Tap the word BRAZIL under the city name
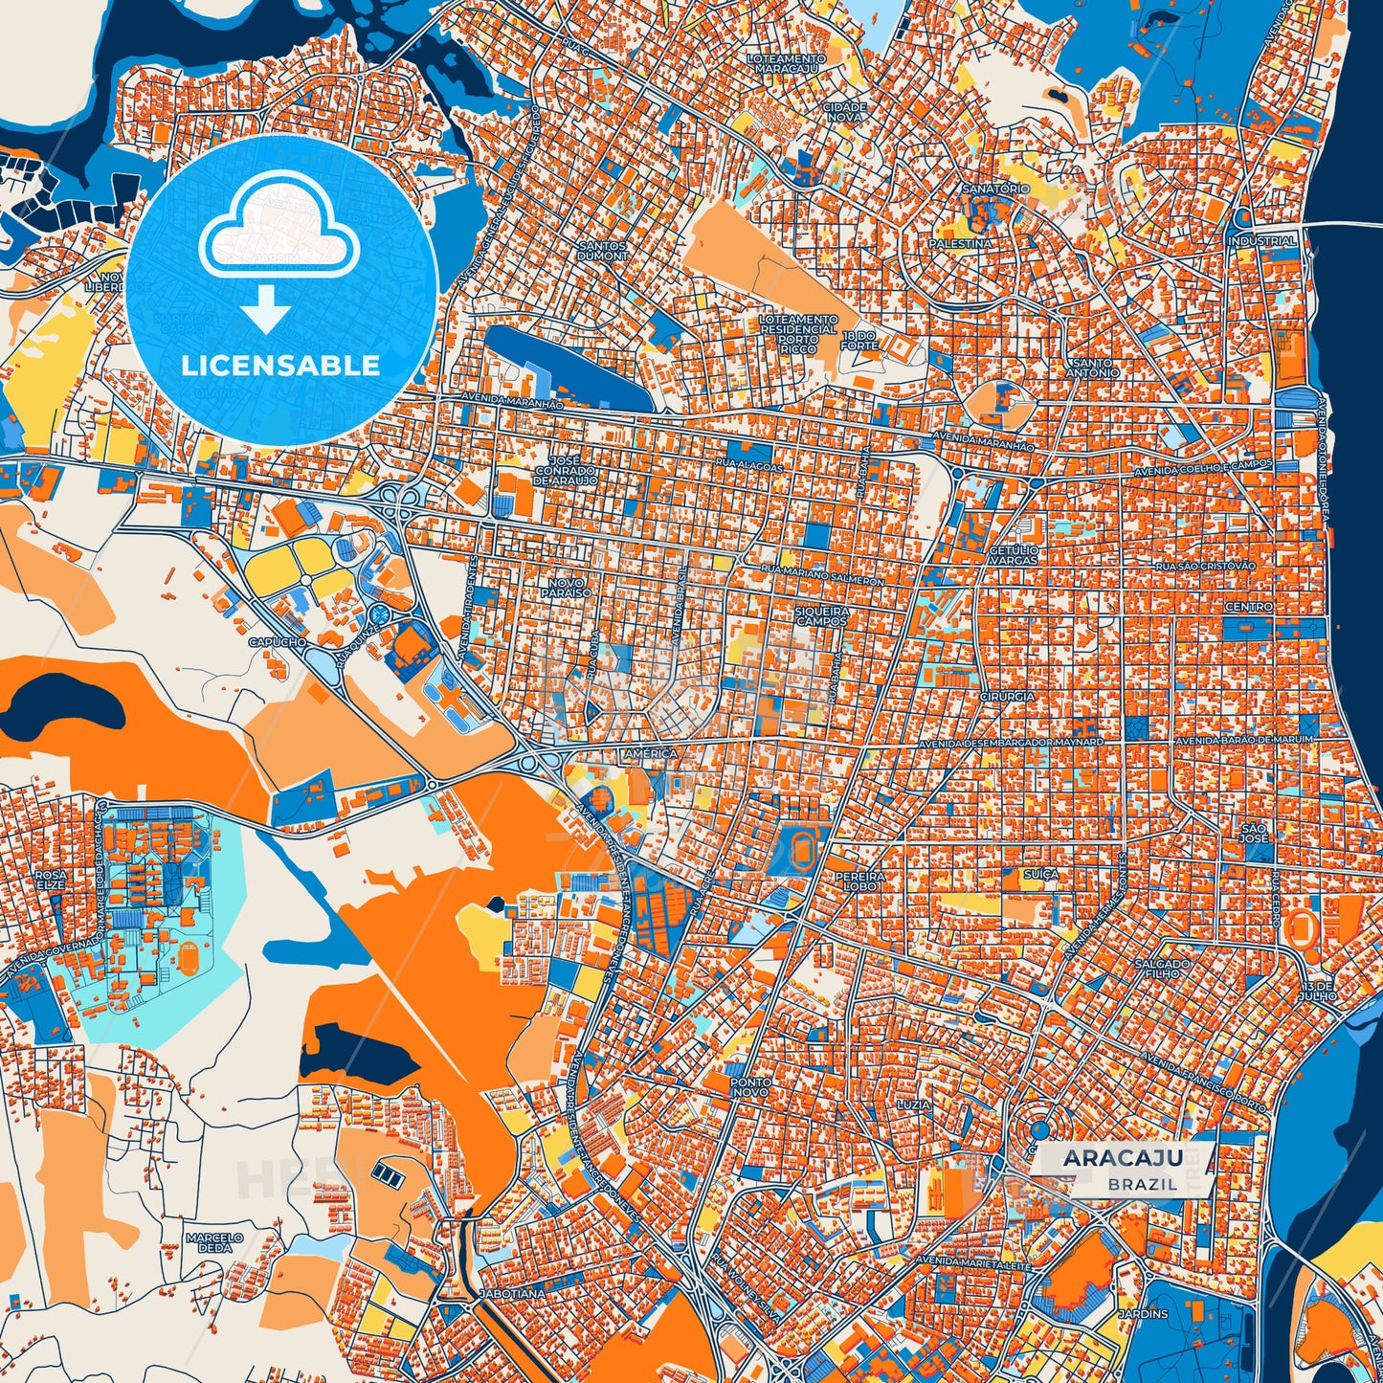tap(1143, 1184)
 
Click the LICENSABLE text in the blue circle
tap(280, 366)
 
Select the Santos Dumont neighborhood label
tap(603, 251)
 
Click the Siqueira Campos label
tap(822, 615)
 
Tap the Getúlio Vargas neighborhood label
tap(1013, 555)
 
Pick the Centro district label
tap(1249, 606)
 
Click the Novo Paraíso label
tap(570, 587)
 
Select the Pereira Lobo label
tap(855, 881)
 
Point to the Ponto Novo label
tap(748, 1086)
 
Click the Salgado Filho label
tap(1163, 969)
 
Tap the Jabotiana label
tap(513, 1293)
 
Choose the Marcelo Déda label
tap(214, 1242)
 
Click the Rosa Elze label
tap(50, 880)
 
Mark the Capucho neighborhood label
tap(278, 642)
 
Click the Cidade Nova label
tap(844, 113)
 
